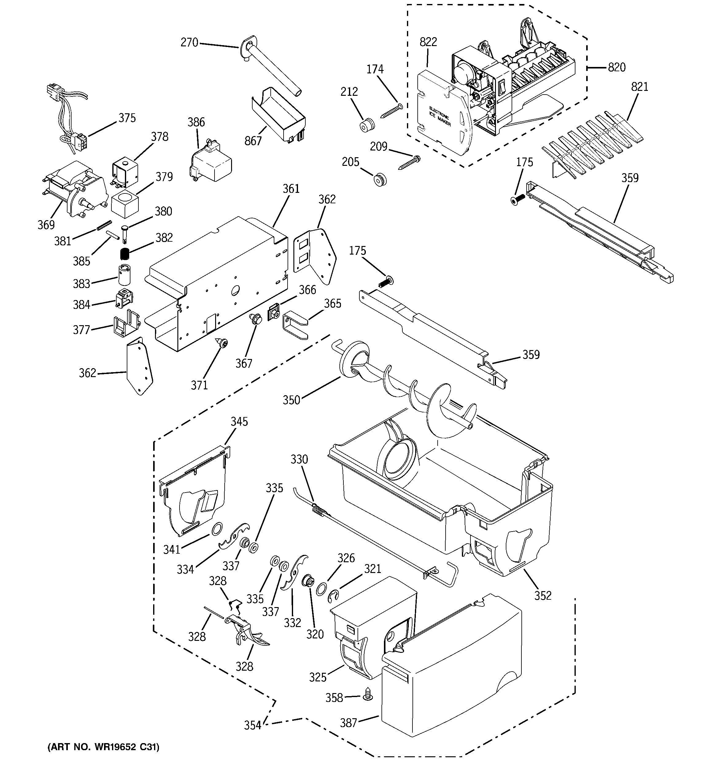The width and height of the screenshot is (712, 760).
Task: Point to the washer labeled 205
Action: coord(380,179)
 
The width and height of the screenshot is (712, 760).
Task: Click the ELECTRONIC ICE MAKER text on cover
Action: coord(439,117)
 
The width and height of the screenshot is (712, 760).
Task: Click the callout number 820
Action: coord(617,68)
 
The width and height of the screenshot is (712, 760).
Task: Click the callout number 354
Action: coord(253,725)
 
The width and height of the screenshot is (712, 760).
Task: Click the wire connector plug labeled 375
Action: coord(81,142)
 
